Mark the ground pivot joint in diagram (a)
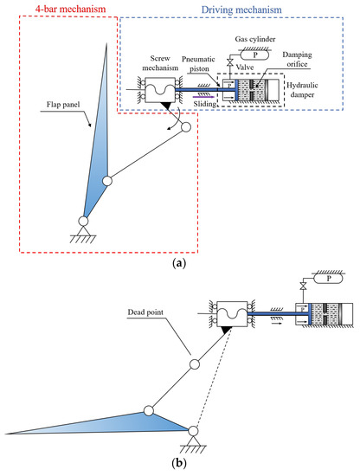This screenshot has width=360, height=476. tap(84, 222)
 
